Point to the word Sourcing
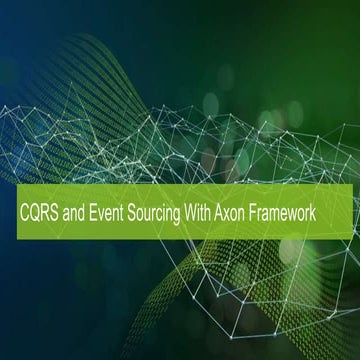154,214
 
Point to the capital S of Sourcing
131,213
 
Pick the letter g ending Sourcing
178,215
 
